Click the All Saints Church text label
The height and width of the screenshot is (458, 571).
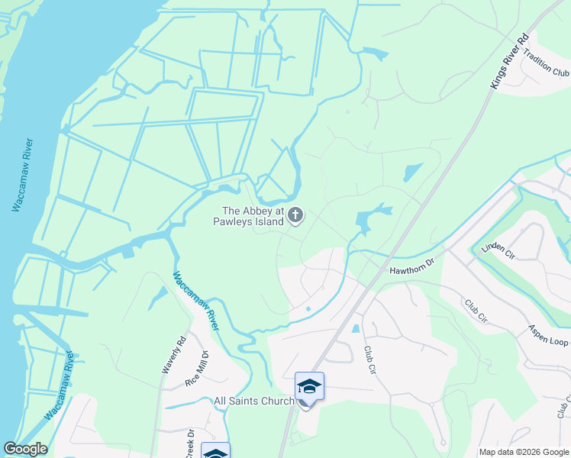click(x=253, y=401)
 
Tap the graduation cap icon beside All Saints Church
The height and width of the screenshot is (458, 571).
click(x=309, y=387)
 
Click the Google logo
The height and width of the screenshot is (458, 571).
click(x=25, y=449)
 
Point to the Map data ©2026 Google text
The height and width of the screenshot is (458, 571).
click(x=523, y=452)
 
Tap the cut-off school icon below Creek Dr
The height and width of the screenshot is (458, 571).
click(x=215, y=451)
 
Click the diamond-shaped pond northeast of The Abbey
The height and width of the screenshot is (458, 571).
click(x=412, y=172)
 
